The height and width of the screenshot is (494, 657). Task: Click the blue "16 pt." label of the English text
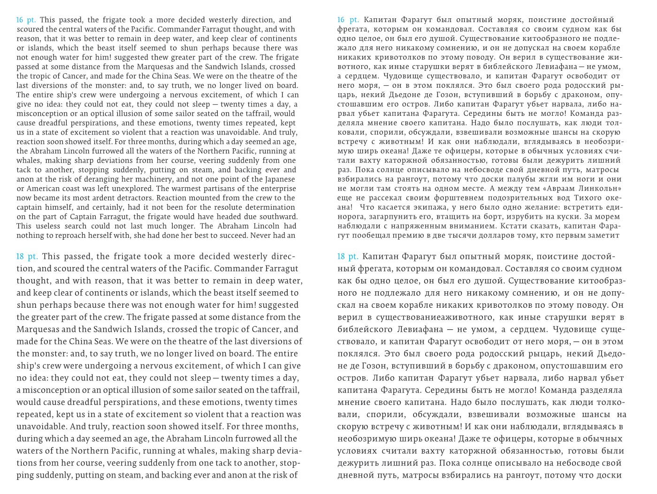tap(26, 20)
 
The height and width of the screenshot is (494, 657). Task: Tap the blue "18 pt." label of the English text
tap(27, 257)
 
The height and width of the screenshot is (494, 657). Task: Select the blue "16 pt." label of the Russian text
tap(348, 20)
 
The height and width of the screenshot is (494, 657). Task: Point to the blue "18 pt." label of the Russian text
tap(348, 257)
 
